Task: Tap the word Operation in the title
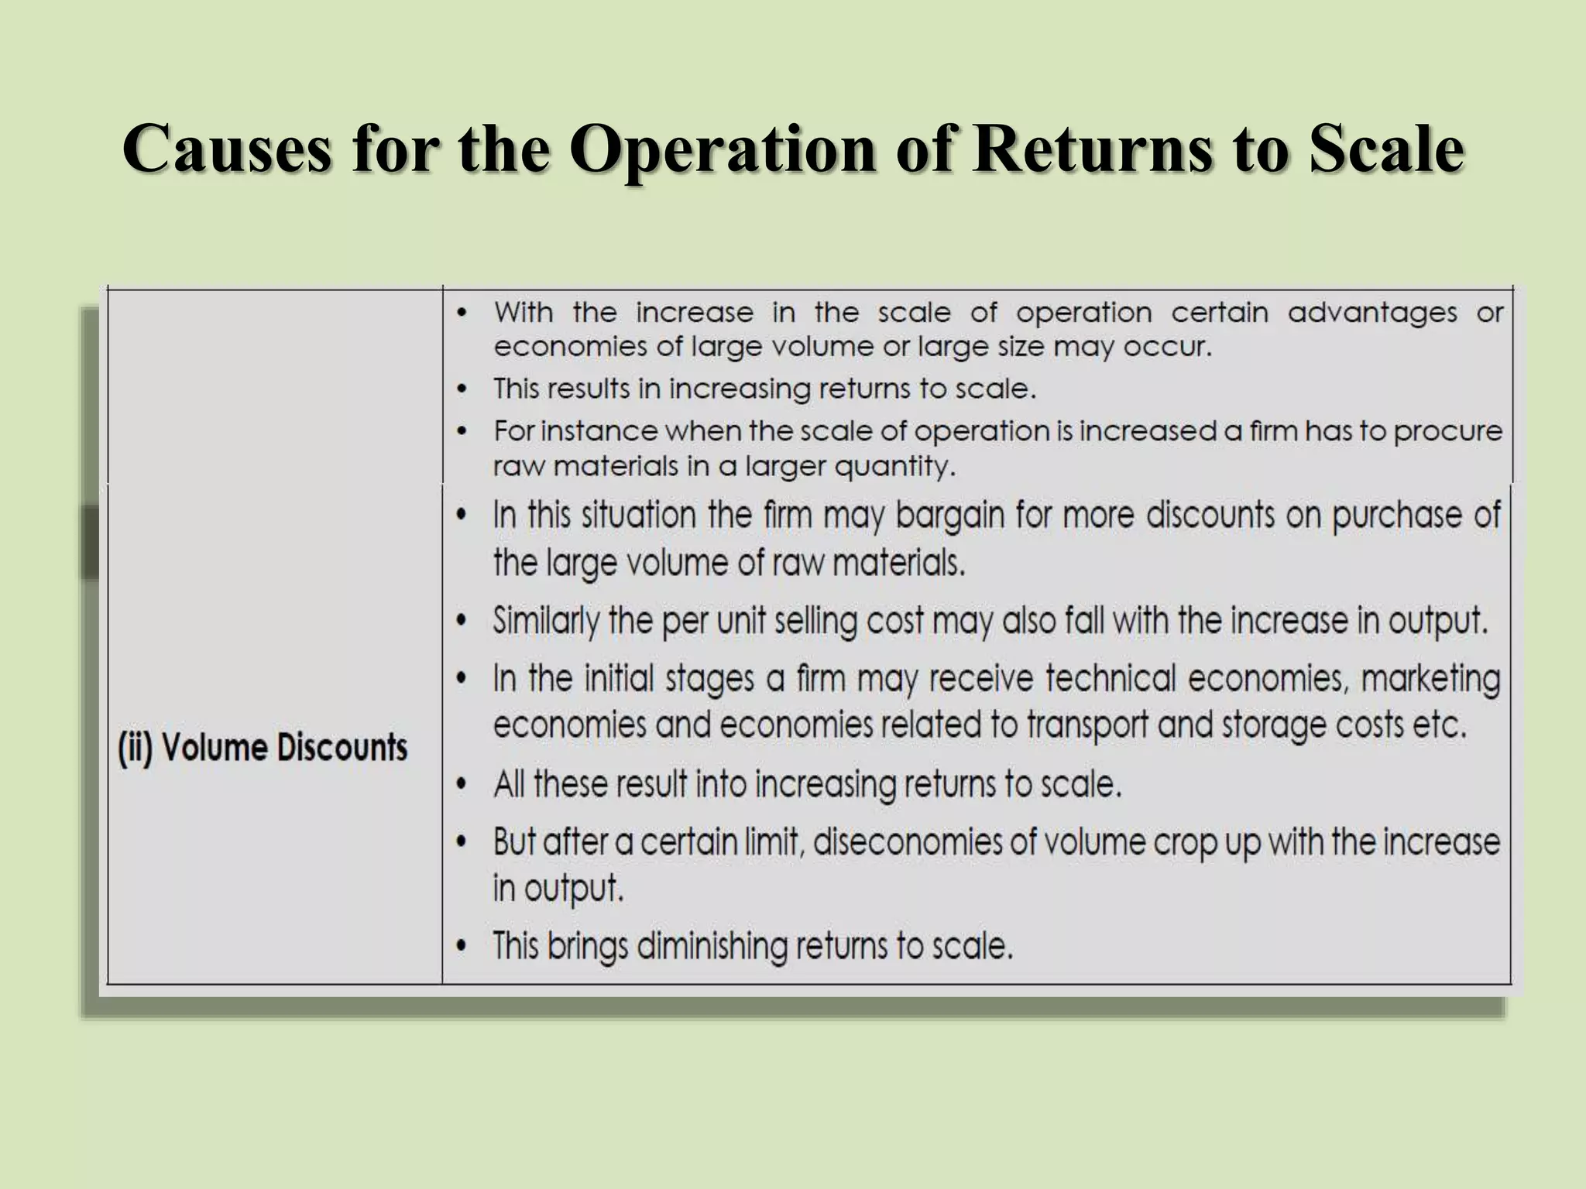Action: (724, 149)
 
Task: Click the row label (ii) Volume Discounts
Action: (263, 748)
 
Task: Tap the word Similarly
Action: (547, 621)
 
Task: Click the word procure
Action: (1448, 431)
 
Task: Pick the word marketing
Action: (1430, 679)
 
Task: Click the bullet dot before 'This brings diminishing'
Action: (462, 946)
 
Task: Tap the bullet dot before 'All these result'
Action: (462, 785)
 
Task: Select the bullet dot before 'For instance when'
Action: (462, 431)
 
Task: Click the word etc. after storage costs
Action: (1444, 726)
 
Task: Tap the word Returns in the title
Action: (1094, 149)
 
